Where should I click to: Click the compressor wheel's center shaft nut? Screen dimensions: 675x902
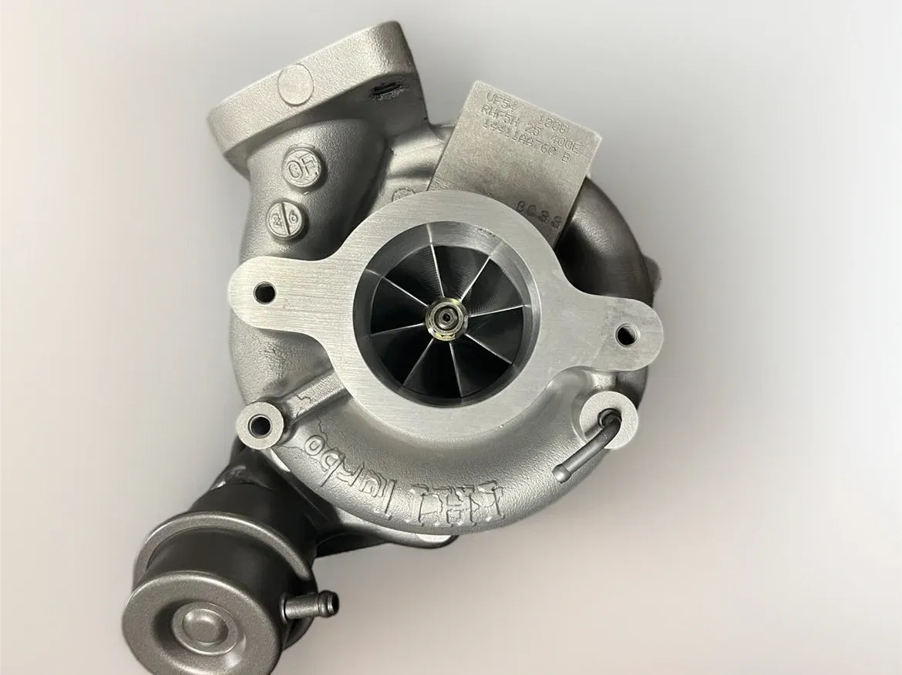444,316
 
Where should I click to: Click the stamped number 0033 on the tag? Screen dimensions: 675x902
548,208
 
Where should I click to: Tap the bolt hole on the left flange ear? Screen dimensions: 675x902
264,292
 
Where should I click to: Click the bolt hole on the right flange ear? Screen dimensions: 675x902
626,333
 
